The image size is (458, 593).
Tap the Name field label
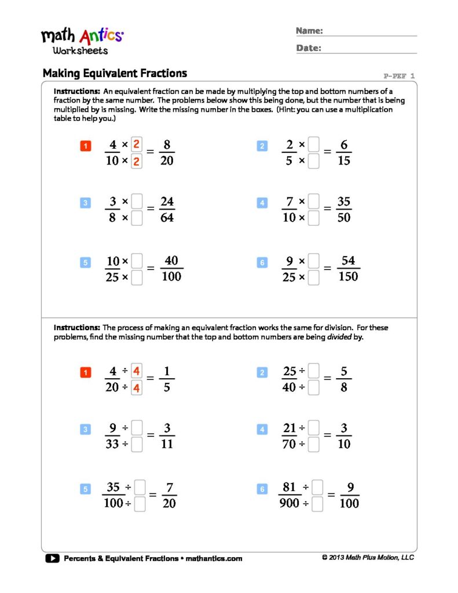pos(309,31)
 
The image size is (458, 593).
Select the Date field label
pos(309,48)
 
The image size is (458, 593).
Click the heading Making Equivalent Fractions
pos(115,74)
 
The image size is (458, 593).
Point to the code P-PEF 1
pos(399,76)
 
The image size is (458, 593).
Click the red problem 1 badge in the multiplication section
pos(85,147)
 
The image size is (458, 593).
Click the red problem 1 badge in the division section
pos(85,374)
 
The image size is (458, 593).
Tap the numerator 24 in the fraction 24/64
pos(167,202)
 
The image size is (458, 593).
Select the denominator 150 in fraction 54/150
pos(347,277)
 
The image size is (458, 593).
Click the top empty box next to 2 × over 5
pos(313,144)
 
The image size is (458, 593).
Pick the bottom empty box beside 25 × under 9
pos(313,278)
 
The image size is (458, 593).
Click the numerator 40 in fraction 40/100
pos(171,261)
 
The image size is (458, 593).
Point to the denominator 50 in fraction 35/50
pos(344,218)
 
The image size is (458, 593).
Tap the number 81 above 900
pos(290,488)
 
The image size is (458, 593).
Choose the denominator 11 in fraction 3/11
pos(167,445)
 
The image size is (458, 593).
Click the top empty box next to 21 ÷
pos(313,429)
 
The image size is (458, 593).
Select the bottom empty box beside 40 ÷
pos(313,388)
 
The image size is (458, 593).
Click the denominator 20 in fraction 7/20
pos(170,504)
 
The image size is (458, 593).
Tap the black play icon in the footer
pos(52,558)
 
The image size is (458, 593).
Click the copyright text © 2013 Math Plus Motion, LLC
pos(368,558)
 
